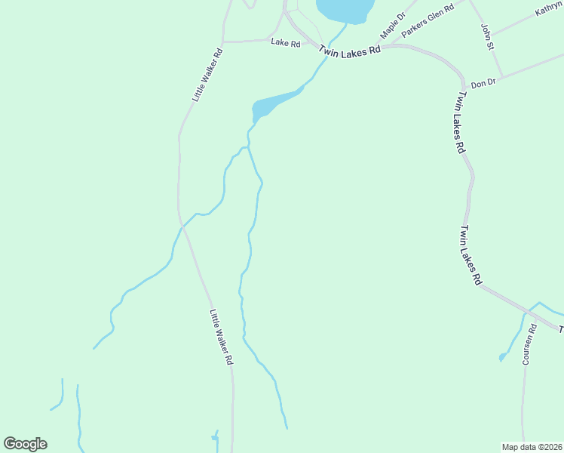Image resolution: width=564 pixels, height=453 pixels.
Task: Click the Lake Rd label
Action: coord(286,44)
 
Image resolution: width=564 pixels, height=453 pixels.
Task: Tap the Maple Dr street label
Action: coord(393,26)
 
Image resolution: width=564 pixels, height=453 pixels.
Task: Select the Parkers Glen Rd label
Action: coord(428,20)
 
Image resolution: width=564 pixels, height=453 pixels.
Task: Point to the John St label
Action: coord(487,37)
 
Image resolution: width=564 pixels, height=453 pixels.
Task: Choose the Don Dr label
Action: coord(483,84)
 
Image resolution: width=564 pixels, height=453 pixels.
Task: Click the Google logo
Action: coord(25,444)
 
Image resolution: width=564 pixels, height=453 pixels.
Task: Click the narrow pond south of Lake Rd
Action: coord(273,103)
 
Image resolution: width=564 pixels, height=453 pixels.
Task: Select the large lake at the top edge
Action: coord(346,9)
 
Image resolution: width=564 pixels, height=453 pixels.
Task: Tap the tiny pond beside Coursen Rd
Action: coord(502,357)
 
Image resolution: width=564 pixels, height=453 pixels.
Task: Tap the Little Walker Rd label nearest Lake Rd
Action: coord(207,75)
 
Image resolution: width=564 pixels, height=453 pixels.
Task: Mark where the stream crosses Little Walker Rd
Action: coord(182,225)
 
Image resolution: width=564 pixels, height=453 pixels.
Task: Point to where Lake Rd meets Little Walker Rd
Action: coord(223,42)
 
